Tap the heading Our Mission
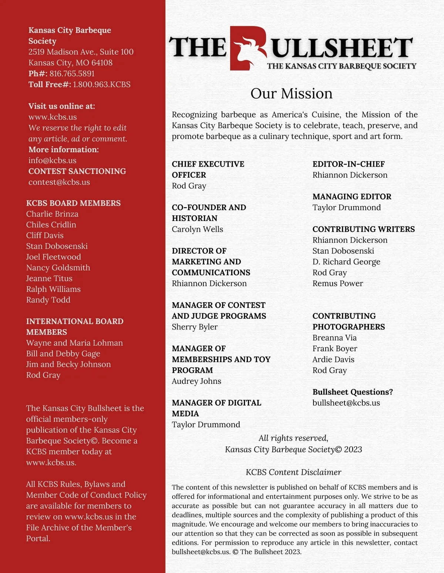point(291,93)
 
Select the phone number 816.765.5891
point(72,74)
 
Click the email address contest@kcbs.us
point(59,182)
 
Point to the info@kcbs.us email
point(53,160)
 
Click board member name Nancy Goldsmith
point(58,267)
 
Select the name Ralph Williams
point(53,289)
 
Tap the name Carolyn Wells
point(197,229)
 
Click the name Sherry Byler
point(195,327)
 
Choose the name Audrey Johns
point(196,381)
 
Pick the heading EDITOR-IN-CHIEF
point(349,164)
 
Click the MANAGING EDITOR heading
point(352,197)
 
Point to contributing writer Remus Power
point(337,283)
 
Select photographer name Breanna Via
point(334,338)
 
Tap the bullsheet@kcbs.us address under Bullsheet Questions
point(346,403)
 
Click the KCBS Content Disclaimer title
point(293,472)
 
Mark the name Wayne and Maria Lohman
point(74,343)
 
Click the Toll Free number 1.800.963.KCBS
point(102,85)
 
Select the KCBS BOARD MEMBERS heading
point(73,203)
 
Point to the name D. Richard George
point(346,262)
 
